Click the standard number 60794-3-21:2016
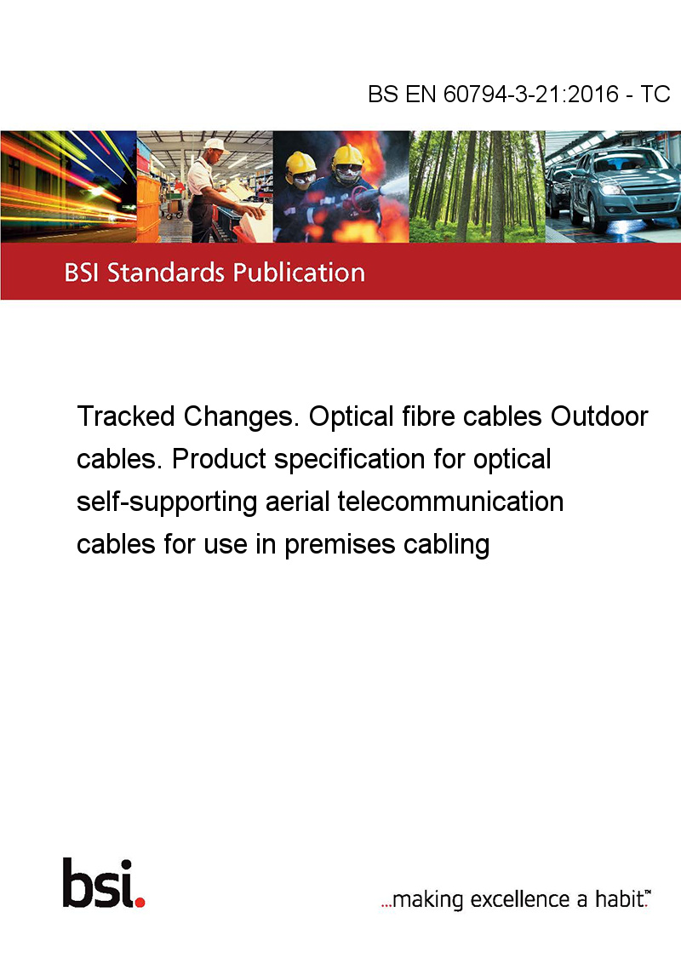(x=530, y=94)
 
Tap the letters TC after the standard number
(x=655, y=94)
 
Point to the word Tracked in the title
(x=126, y=416)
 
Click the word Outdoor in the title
(x=599, y=416)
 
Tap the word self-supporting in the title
(x=167, y=502)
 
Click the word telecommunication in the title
(x=450, y=502)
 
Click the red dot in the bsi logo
(x=140, y=902)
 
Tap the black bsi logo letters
(x=98, y=883)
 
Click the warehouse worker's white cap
(x=215, y=145)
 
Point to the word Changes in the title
(x=242, y=416)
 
